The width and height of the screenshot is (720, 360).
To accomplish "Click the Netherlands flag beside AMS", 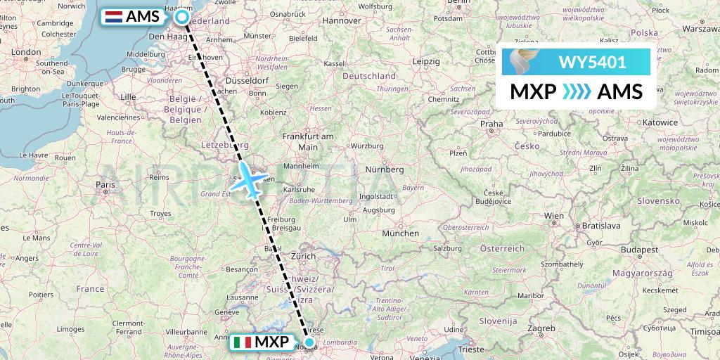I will coord(112,17).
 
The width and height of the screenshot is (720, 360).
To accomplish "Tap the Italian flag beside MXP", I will coord(243,343).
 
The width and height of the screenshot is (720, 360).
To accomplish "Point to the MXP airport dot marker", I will coord(309,343).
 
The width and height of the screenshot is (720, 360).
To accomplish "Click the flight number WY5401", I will coord(592,63).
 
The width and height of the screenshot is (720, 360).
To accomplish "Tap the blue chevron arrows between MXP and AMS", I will coord(577,92).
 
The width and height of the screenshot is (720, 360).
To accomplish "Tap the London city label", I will coord(26,51).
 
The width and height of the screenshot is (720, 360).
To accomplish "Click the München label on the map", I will coord(400,233).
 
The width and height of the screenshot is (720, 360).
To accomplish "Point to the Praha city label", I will coord(491,124).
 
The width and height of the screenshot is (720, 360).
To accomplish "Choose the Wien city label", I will coord(554,215).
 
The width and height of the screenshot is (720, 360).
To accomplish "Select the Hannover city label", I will coord(321,20).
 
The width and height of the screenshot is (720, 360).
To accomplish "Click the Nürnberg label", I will coord(385,169).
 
